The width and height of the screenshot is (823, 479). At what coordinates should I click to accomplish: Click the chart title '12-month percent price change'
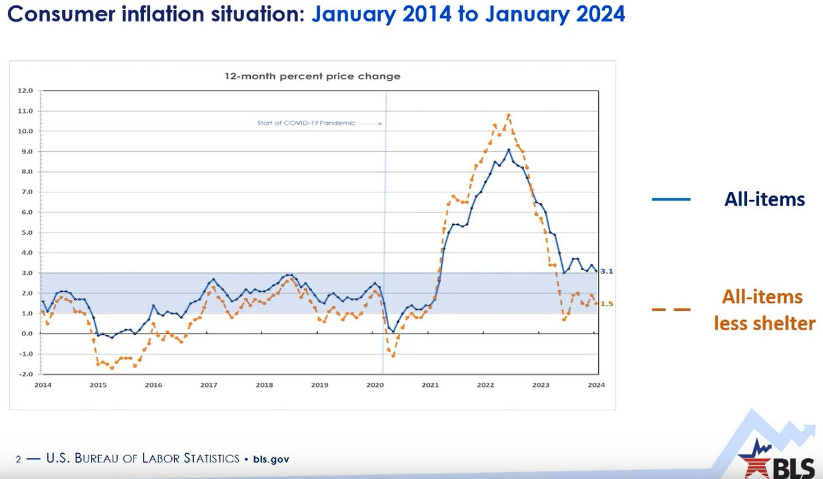(312, 76)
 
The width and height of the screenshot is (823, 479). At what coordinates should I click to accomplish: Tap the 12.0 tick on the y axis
(25, 90)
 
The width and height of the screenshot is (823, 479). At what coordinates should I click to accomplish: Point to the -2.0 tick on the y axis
(25, 374)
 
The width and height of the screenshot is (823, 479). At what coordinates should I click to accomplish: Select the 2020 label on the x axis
(375, 385)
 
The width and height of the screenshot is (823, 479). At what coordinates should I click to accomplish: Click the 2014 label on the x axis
(43, 385)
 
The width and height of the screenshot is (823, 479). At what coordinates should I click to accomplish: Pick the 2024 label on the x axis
(596, 385)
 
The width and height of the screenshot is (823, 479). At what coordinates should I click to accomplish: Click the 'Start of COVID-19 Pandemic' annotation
(306, 123)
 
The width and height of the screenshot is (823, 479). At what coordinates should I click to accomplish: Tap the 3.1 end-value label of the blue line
(607, 271)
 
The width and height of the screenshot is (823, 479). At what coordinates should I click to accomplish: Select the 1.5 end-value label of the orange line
(607, 304)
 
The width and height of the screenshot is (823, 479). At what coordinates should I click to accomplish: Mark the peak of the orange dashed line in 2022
(509, 115)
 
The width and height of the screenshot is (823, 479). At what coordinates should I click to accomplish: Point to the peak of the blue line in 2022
(509, 149)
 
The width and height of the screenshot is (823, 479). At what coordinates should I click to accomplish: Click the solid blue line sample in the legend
(671, 199)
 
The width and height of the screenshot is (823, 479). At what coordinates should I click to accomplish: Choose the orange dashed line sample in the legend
(671, 310)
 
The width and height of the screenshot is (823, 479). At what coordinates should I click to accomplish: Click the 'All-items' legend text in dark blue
(764, 199)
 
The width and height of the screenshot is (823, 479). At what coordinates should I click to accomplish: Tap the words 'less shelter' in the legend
(764, 323)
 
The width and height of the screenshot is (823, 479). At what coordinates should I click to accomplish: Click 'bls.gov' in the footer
(271, 459)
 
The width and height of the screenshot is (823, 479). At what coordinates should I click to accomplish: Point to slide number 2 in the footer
(18, 459)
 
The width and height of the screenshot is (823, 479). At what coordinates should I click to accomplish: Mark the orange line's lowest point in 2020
(393, 355)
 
